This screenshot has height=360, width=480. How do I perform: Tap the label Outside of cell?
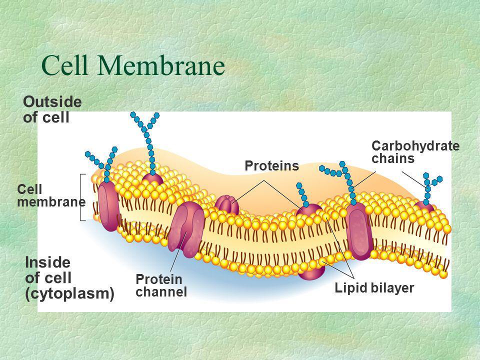pyautogui.click(x=52, y=109)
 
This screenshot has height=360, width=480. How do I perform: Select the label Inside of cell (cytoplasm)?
pyautogui.click(x=69, y=277)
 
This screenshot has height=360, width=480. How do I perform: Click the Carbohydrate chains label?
pyautogui.click(x=415, y=152)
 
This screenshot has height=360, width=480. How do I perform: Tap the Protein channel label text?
pyautogui.click(x=161, y=285)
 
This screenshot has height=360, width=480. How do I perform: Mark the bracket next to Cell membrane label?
pyautogui.click(x=81, y=197)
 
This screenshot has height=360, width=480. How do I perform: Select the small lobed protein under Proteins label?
pyautogui.click(x=227, y=204)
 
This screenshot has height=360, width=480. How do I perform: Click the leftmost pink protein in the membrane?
pyautogui.click(x=108, y=206)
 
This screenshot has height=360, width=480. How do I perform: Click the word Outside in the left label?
pyautogui.click(x=52, y=102)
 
